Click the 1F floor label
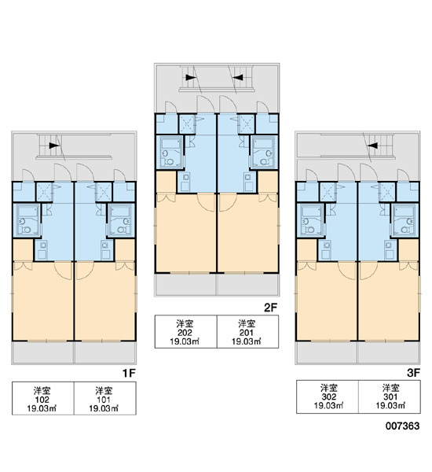tap(129, 373)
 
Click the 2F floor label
tap(270, 308)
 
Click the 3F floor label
tap(413, 373)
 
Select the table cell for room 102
tap(43, 398)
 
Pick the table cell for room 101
tap(105, 398)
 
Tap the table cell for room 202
tap(186, 332)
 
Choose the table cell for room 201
tap(247, 332)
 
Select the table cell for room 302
tap(328, 396)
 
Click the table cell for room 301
tap(390, 396)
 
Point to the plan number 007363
tap(402, 426)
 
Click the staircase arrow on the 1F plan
tap(54, 146)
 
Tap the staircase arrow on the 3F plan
tap(373, 146)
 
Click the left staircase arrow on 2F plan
tap(191, 78)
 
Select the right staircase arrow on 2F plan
tap(238, 78)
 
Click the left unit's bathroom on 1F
tap(27, 219)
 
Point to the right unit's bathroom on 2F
tap(264, 152)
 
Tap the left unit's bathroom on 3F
tap(312, 219)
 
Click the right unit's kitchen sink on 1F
tap(105, 250)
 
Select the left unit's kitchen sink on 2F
tap(185, 182)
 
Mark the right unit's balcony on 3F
tap(389, 352)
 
